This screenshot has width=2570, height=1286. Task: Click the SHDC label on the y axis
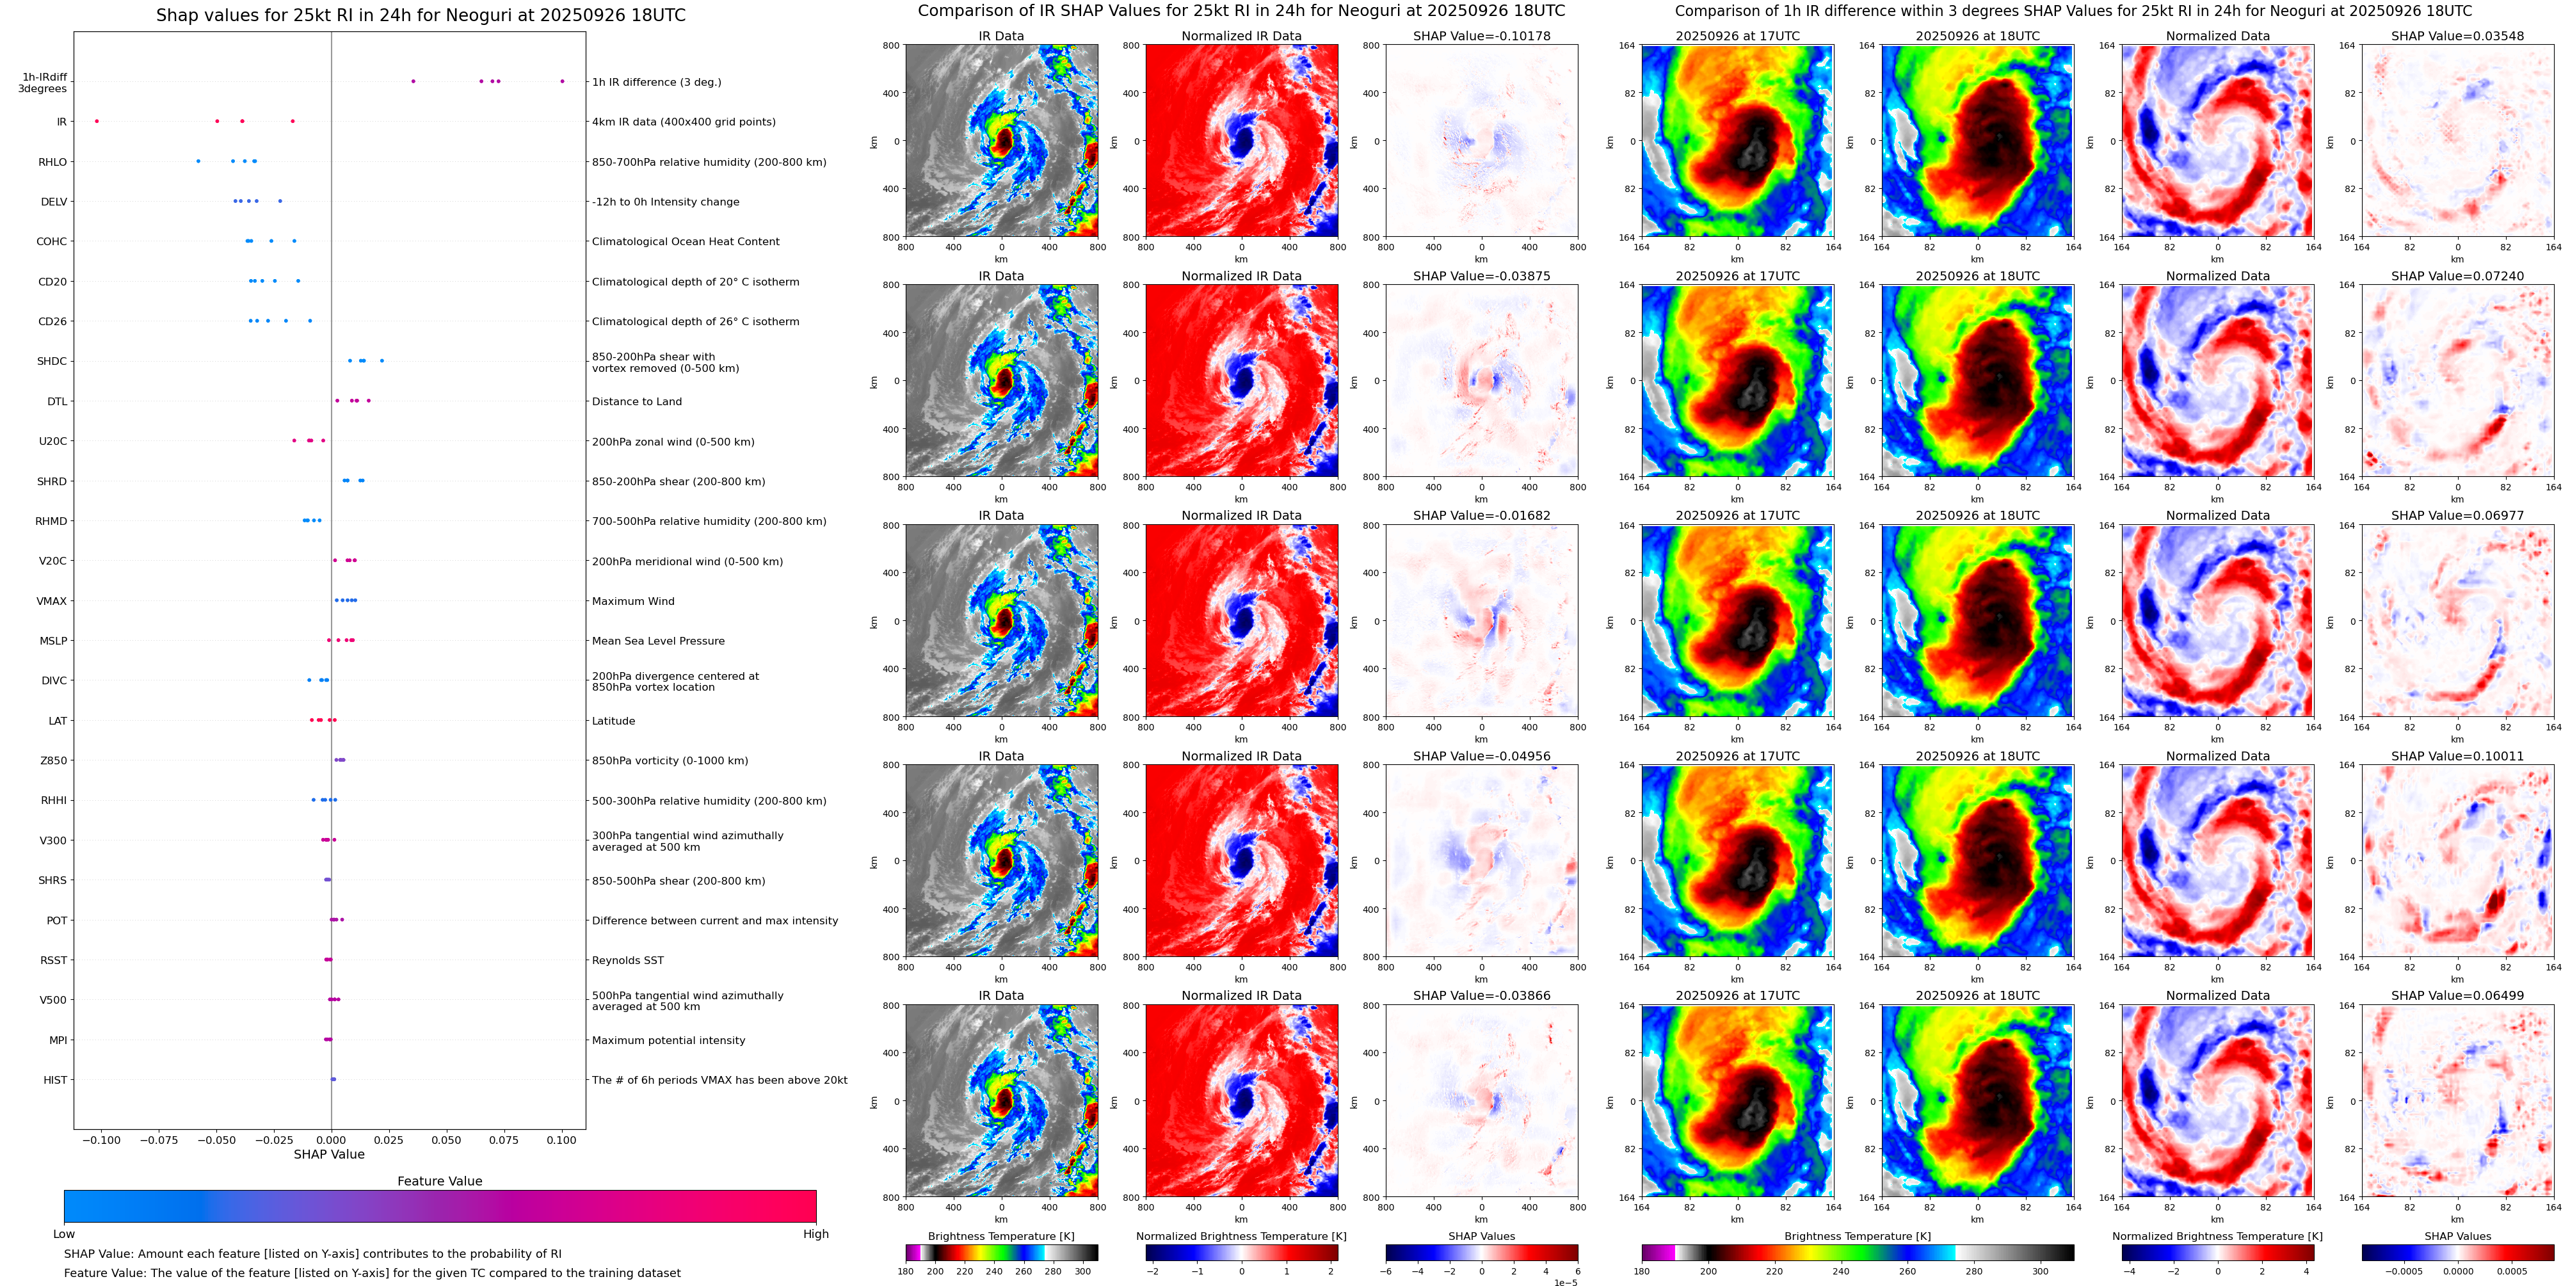point(52,361)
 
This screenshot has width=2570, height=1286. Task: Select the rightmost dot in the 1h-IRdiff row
point(562,81)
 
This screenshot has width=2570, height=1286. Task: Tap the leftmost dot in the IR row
point(97,121)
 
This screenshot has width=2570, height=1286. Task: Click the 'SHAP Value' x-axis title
point(329,1154)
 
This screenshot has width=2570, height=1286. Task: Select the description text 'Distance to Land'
point(636,401)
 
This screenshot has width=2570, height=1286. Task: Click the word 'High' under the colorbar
point(815,1234)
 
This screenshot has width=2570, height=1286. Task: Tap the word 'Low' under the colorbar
point(64,1234)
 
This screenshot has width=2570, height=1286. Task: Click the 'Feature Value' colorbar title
point(439,1181)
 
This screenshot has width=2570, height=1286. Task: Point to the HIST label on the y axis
point(55,1079)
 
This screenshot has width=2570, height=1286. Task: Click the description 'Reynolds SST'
point(627,960)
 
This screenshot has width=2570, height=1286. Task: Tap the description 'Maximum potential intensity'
point(668,1040)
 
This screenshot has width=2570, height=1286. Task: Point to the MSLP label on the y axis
point(53,641)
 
